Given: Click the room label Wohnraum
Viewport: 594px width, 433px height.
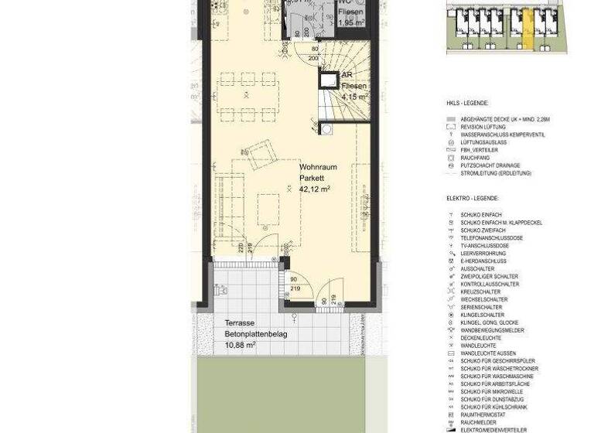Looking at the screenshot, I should tap(317, 167).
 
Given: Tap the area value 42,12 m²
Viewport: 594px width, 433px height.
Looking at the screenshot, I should tap(315, 188).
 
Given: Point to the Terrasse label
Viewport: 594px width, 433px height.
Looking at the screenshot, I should tap(240, 323).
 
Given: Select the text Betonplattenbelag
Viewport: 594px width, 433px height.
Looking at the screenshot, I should tap(255, 334).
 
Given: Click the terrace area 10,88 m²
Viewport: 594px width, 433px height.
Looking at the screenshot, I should tap(241, 345).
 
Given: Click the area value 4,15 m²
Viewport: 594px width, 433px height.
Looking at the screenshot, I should tap(353, 97).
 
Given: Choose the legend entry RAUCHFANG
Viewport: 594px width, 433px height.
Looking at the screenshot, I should tap(475, 158).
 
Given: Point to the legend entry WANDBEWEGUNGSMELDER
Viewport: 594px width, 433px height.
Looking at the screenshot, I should tap(492, 330).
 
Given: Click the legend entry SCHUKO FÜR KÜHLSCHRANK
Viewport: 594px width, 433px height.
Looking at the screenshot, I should tap(495, 407).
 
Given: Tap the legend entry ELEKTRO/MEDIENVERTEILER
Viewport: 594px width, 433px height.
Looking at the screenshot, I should tap(494, 430).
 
